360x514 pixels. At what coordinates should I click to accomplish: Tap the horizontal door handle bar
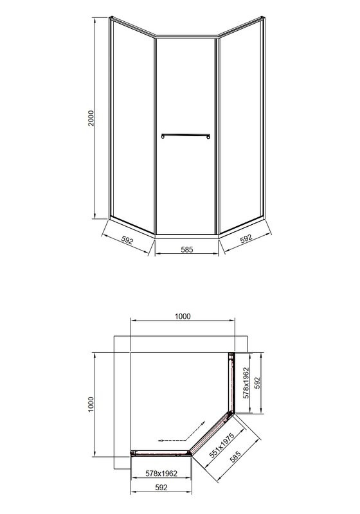click(x=186, y=135)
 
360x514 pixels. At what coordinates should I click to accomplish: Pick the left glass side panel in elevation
click(x=132, y=122)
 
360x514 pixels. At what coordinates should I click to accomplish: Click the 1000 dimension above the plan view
click(x=183, y=316)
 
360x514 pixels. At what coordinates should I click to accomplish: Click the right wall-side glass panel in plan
click(x=231, y=385)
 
